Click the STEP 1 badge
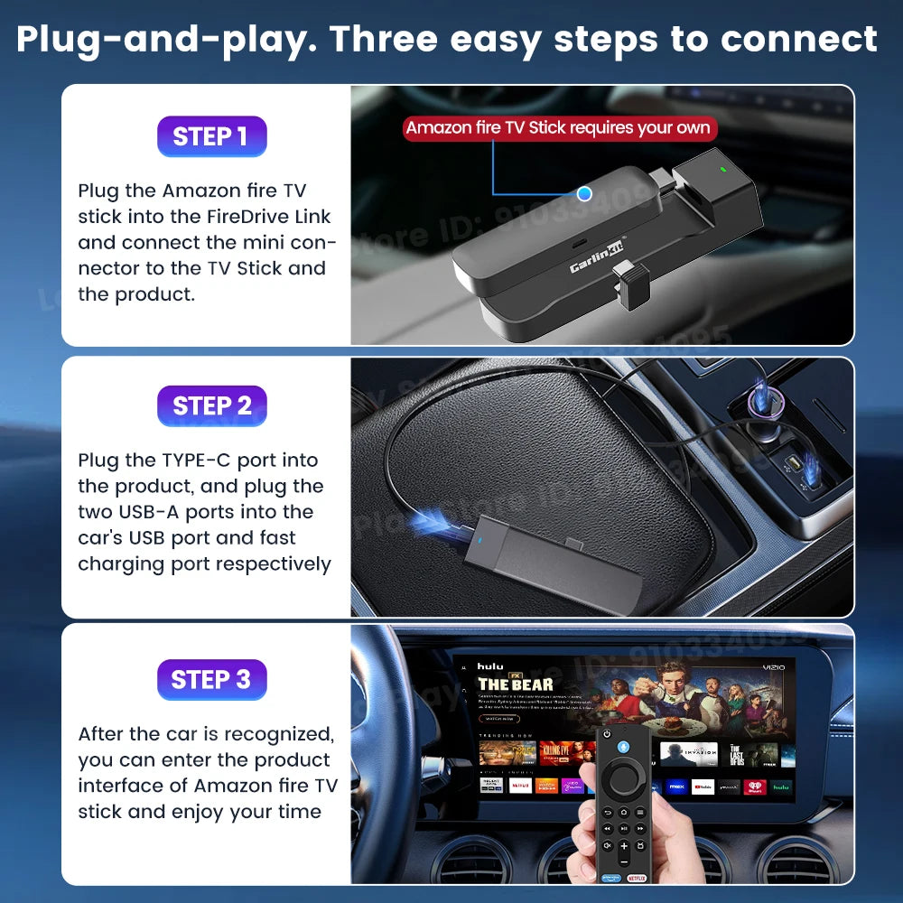(210, 136)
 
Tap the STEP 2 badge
(211, 406)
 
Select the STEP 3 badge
(211, 679)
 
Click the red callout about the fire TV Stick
(559, 127)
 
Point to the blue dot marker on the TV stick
(584, 192)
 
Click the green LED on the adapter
(721, 168)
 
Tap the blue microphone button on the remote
(623, 746)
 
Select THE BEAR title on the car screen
(516, 684)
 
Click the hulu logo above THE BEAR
(490, 666)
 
